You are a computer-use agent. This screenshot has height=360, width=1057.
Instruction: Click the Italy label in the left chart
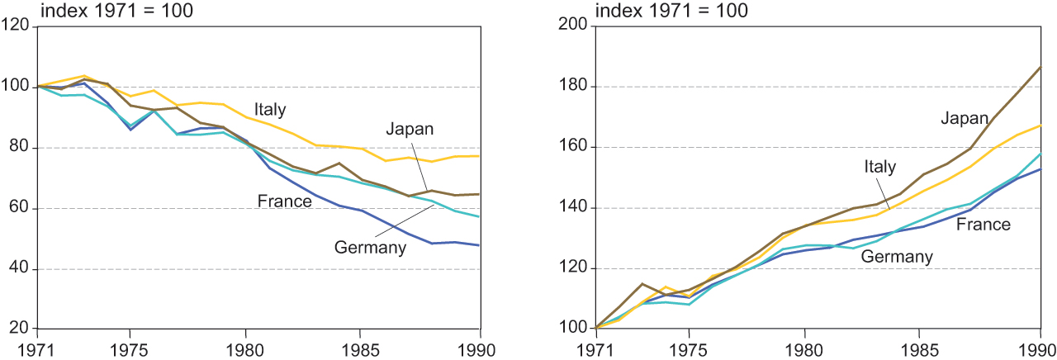point(270,109)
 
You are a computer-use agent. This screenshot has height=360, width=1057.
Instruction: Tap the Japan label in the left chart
point(410,129)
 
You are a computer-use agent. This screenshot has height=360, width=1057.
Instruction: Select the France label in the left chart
point(285,201)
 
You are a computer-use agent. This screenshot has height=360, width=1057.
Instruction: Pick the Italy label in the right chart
point(879,167)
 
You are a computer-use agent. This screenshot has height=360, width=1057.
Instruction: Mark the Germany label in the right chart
point(897,257)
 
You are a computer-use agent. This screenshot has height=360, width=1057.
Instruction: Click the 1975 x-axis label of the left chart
point(130,347)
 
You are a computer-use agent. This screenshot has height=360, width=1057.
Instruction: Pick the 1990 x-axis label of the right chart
point(1039,347)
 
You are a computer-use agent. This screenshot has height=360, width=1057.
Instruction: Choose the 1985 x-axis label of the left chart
point(361,347)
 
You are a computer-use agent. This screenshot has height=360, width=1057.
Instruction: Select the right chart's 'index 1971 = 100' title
point(671,11)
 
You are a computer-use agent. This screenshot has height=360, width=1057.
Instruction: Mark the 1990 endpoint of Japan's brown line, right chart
point(1040,66)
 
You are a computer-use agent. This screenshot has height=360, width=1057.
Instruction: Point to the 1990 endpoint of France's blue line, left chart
point(480,245)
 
